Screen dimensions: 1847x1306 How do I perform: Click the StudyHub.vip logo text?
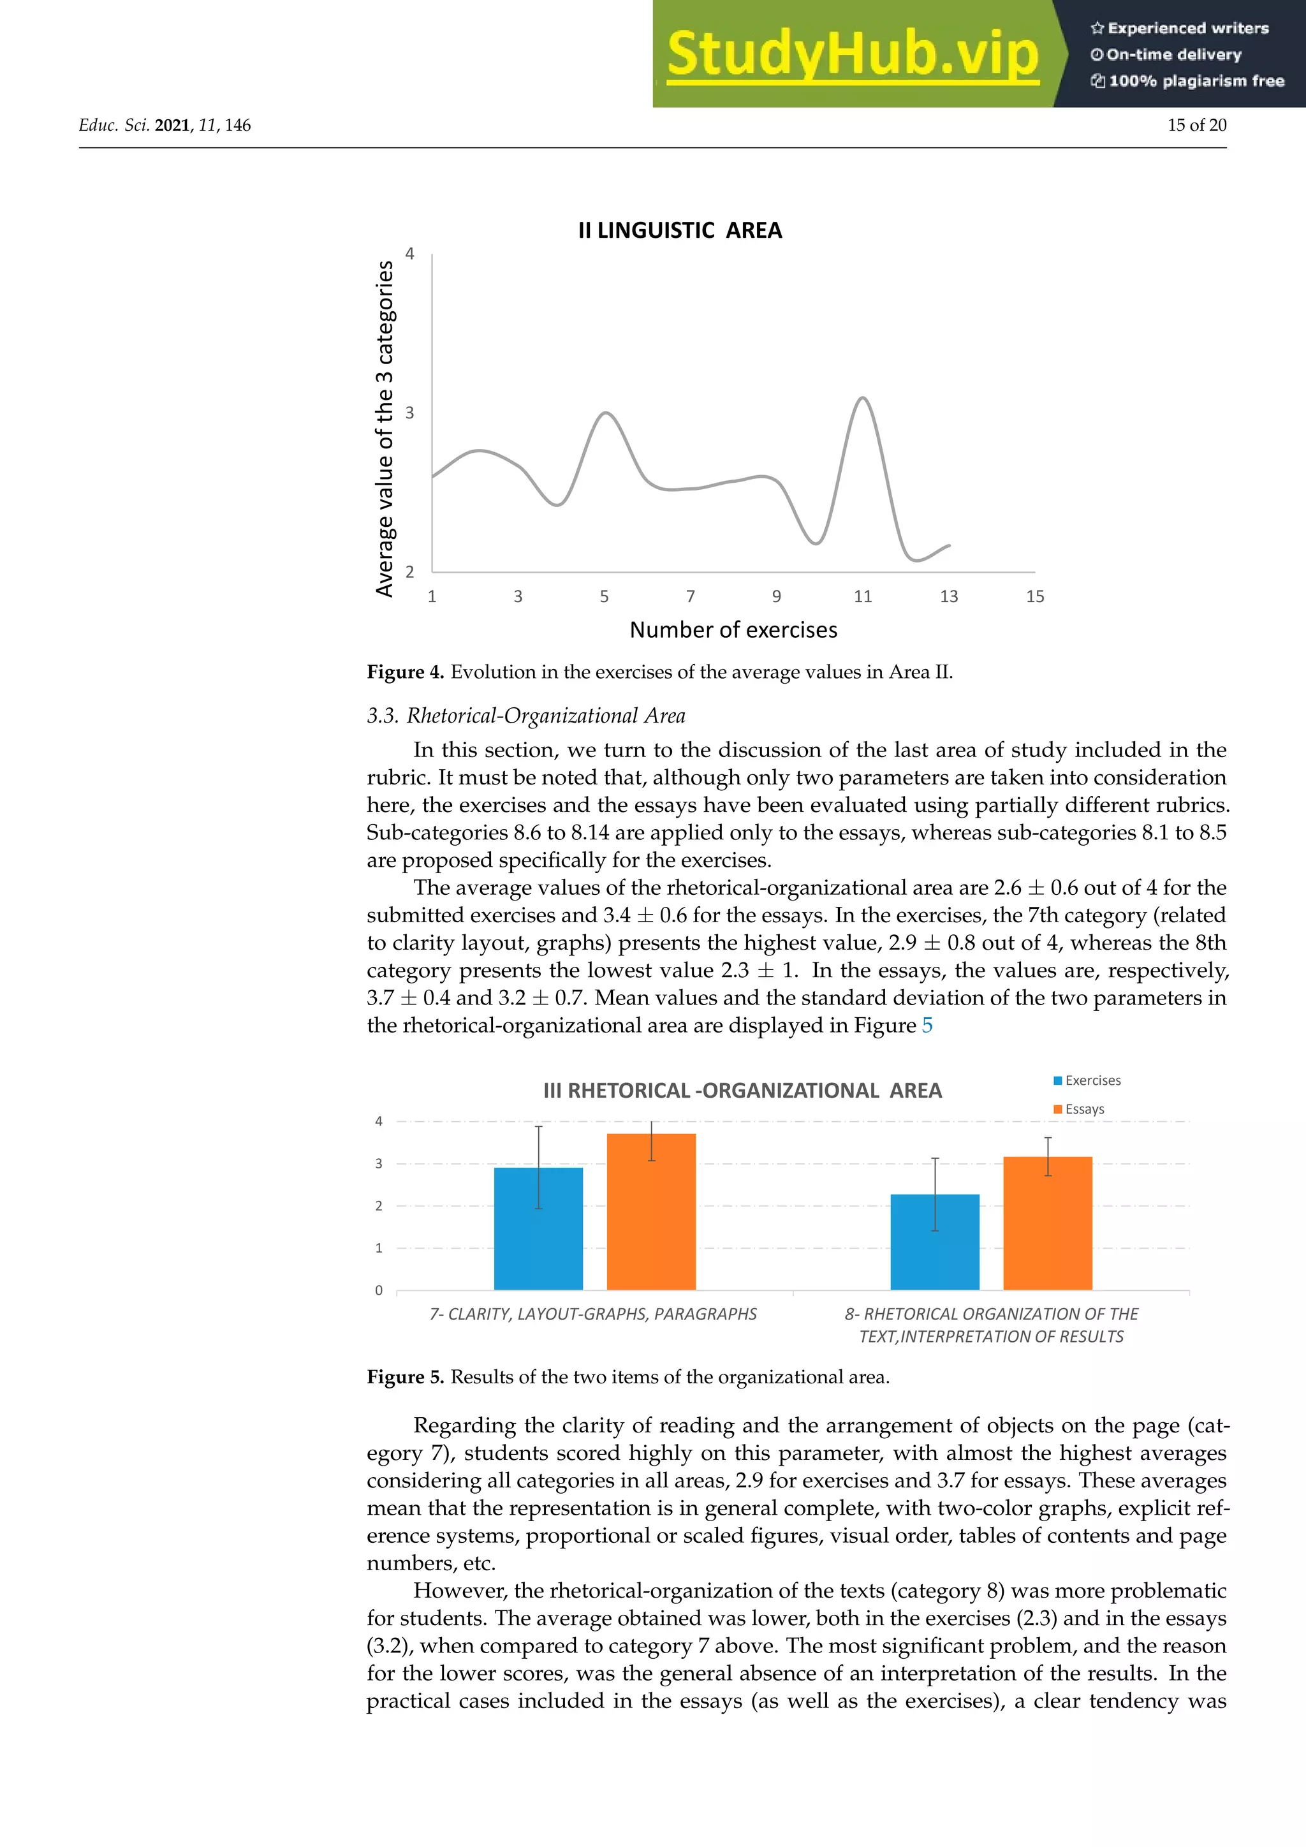pos(853,55)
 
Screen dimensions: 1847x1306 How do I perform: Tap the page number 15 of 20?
pos(1196,126)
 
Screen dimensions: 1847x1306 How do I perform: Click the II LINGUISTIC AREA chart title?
pos(680,231)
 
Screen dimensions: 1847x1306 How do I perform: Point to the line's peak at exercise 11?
pos(863,398)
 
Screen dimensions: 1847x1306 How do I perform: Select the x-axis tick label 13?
pos(949,596)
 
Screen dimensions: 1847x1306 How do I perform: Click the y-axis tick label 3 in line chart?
pos(410,413)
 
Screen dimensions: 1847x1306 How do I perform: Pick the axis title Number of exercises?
pos(733,630)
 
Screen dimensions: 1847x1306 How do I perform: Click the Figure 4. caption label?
pos(406,672)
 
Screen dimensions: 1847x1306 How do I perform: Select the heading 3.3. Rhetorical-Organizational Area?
pos(526,716)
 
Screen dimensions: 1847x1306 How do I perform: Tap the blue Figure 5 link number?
pos(927,1026)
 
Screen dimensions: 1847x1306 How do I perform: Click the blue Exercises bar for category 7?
pos(538,1231)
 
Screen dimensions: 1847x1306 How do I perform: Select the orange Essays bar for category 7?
pos(650,1215)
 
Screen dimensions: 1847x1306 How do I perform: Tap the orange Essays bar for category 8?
pos(1047,1225)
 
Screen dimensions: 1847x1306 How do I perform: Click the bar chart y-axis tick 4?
pos(379,1121)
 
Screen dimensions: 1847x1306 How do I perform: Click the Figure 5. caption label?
pos(406,1377)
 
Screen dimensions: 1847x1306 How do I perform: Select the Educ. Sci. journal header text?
pos(114,126)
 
